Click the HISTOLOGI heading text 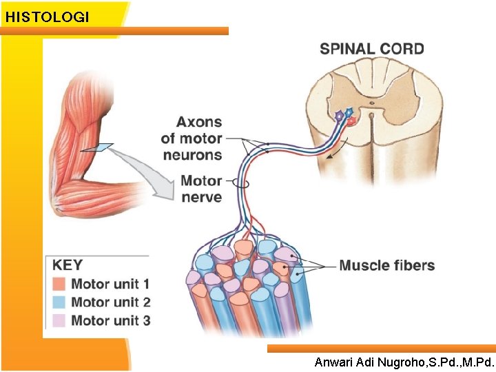[x=47, y=17]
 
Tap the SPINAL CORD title [x=371, y=49]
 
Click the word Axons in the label [x=199, y=123]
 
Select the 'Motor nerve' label [x=200, y=189]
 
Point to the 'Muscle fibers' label [x=387, y=266]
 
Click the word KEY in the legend [x=68, y=265]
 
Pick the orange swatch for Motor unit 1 [x=59, y=284]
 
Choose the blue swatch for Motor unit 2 [x=59, y=302]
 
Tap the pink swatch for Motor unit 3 [x=59, y=320]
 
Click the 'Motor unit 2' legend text [x=110, y=302]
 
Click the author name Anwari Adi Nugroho [x=404, y=362]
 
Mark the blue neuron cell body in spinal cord [x=349, y=112]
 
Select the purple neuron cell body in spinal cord [x=338, y=116]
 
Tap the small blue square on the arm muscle [x=104, y=147]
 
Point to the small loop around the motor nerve [x=242, y=183]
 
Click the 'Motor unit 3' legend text [x=110, y=320]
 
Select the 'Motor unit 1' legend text [x=110, y=284]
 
